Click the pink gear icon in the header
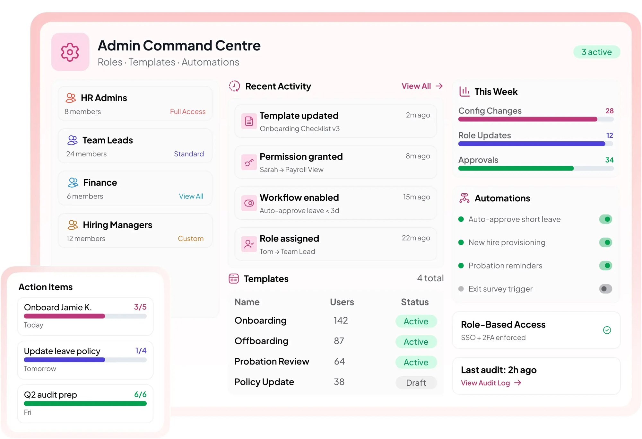pos(70,52)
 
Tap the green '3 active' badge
pos(596,52)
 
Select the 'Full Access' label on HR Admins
pos(187,111)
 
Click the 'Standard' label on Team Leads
pos(189,154)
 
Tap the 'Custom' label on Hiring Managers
pos(191,239)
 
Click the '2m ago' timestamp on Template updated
pos(418,115)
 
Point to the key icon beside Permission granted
pos(249,162)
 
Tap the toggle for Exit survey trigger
pos(605,289)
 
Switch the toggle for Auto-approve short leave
pos(605,219)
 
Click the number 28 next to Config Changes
pos(609,111)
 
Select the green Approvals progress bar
pos(516,168)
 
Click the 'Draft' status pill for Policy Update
pos(416,382)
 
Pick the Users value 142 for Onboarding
pos(341,320)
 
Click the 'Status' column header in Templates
pos(415,302)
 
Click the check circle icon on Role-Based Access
pos(607,330)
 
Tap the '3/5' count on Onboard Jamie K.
pos(140,307)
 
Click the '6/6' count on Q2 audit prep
pos(140,394)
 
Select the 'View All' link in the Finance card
pos(191,196)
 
